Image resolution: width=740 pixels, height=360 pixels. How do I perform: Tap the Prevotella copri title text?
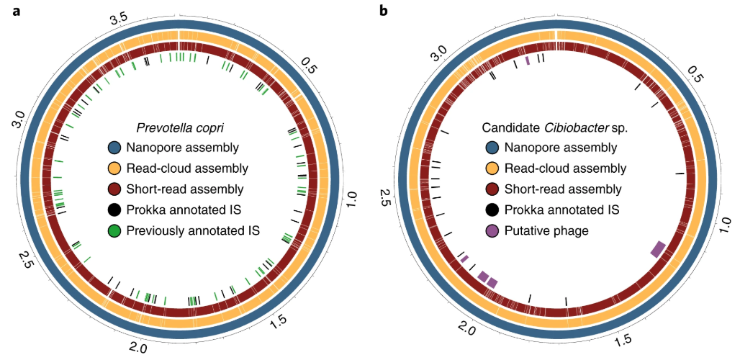click(181, 128)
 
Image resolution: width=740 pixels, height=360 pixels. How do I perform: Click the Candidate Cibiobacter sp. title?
click(554, 128)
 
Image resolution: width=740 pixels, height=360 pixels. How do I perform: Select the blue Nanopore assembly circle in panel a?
click(113, 148)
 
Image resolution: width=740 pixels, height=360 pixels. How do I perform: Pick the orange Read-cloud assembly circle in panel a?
click(113, 169)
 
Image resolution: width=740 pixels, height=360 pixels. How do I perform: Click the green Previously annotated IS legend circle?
click(113, 231)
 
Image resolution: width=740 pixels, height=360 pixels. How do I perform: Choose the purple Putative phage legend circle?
click(492, 231)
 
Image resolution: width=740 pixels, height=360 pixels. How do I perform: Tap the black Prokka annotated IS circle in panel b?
click(492, 210)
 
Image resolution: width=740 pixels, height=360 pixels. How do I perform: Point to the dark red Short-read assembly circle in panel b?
click(492, 189)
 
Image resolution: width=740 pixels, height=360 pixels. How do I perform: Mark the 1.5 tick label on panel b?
click(623, 338)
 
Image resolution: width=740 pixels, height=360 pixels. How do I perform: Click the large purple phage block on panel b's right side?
click(658, 248)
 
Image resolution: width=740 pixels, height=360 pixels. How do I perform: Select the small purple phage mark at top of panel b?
click(528, 61)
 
